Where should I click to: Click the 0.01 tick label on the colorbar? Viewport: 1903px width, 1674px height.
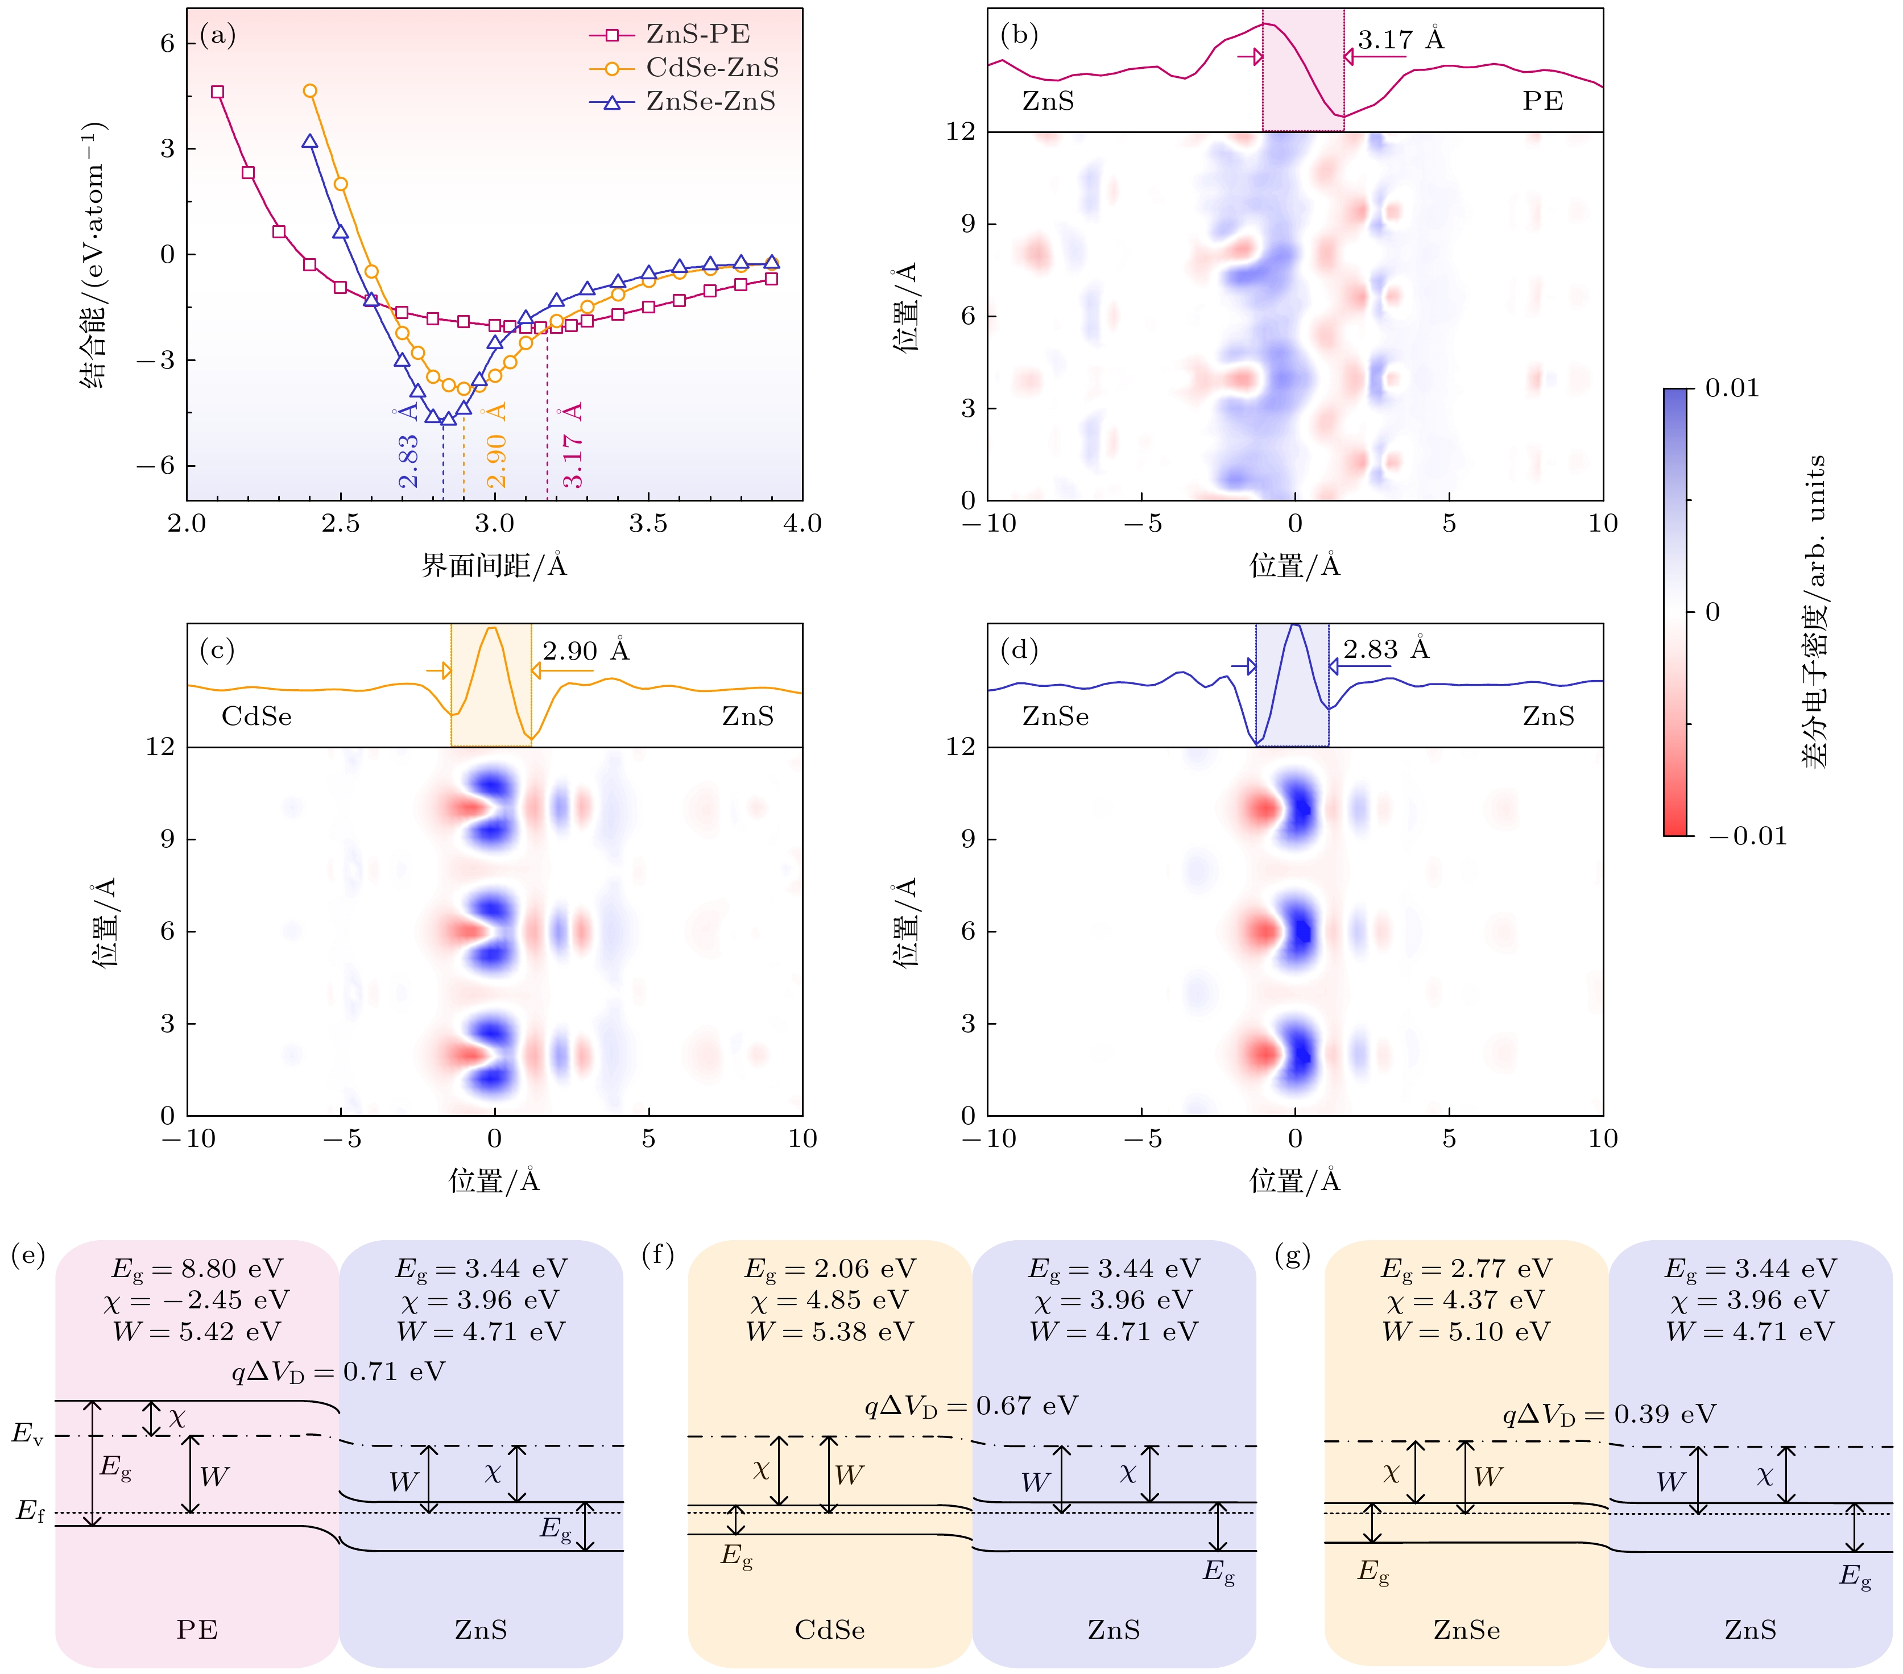click(1732, 388)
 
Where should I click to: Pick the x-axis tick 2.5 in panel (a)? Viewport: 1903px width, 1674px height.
click(341, 523)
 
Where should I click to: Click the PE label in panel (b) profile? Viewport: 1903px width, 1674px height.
click(1542, 101)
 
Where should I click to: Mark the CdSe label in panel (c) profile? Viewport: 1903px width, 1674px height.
click(256, 716)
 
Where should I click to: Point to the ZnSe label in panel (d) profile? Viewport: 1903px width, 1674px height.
click(1055, 716)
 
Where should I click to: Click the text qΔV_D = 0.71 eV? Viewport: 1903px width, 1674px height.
click(338, 1371)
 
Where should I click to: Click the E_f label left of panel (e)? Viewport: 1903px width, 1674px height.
click(30, 1510)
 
